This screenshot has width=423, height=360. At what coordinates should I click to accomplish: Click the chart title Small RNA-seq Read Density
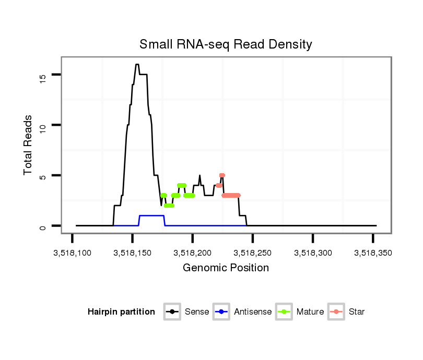pos(226,44)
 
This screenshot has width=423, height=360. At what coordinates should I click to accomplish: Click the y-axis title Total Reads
pos(29,145)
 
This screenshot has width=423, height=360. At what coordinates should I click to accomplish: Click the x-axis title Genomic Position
pos(226,268)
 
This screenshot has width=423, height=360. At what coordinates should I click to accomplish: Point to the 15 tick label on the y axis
pos(43,78)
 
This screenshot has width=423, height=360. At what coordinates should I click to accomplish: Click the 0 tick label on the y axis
pos(43,226)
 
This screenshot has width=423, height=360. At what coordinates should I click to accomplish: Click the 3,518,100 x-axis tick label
pos(73,253)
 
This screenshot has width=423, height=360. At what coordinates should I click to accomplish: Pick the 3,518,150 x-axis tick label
pos(133,253)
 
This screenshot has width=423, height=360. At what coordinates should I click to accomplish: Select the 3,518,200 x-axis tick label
pos(193,253)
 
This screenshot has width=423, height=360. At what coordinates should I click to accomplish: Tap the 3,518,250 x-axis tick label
pos(253,253)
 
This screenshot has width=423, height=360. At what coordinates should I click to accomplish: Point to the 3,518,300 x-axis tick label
pos(313,253)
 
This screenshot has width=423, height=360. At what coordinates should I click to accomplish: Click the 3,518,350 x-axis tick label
pos(373,253)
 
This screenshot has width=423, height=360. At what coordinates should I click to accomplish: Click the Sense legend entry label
pos(197,312)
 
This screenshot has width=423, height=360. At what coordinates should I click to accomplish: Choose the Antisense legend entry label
pos(253,312)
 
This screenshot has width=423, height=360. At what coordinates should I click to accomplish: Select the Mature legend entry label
pos(310,312)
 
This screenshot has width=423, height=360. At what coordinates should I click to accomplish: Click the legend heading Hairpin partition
pos(121,312)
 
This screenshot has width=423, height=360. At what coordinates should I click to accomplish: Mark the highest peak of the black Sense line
pos(137,65)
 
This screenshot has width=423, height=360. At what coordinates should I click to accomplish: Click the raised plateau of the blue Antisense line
pos(152,215)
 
